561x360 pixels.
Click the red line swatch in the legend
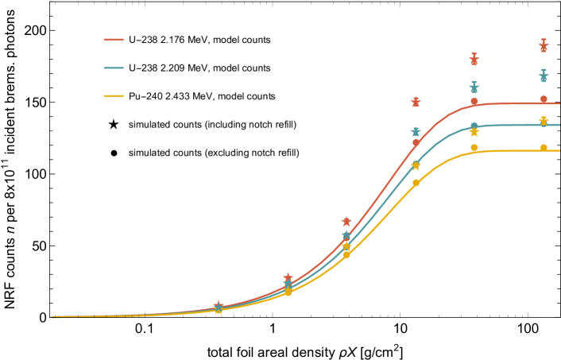[114, 40]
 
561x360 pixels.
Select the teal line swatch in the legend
[114, 68]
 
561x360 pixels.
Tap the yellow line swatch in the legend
[114, 96]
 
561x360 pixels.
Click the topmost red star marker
[544, 47]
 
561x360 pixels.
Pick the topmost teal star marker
[544, 77]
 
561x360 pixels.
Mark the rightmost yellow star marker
[544, 121]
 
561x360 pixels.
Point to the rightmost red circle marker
[544, 99]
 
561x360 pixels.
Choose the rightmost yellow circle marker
[544, 148]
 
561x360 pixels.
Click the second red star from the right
[474, 60]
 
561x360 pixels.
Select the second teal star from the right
[474, 88]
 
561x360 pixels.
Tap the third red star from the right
[416, 103]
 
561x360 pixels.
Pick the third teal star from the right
[416, 132]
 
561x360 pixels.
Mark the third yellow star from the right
[416, 166]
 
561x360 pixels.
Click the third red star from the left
[346, 222]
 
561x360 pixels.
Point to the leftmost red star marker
[219, 306]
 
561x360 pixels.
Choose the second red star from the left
[288, 277]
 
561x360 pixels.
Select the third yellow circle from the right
[416, 183]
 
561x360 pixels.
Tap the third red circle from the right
[416, 143]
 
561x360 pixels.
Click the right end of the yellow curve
[559, 150]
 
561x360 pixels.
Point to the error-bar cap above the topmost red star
[544, 39]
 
